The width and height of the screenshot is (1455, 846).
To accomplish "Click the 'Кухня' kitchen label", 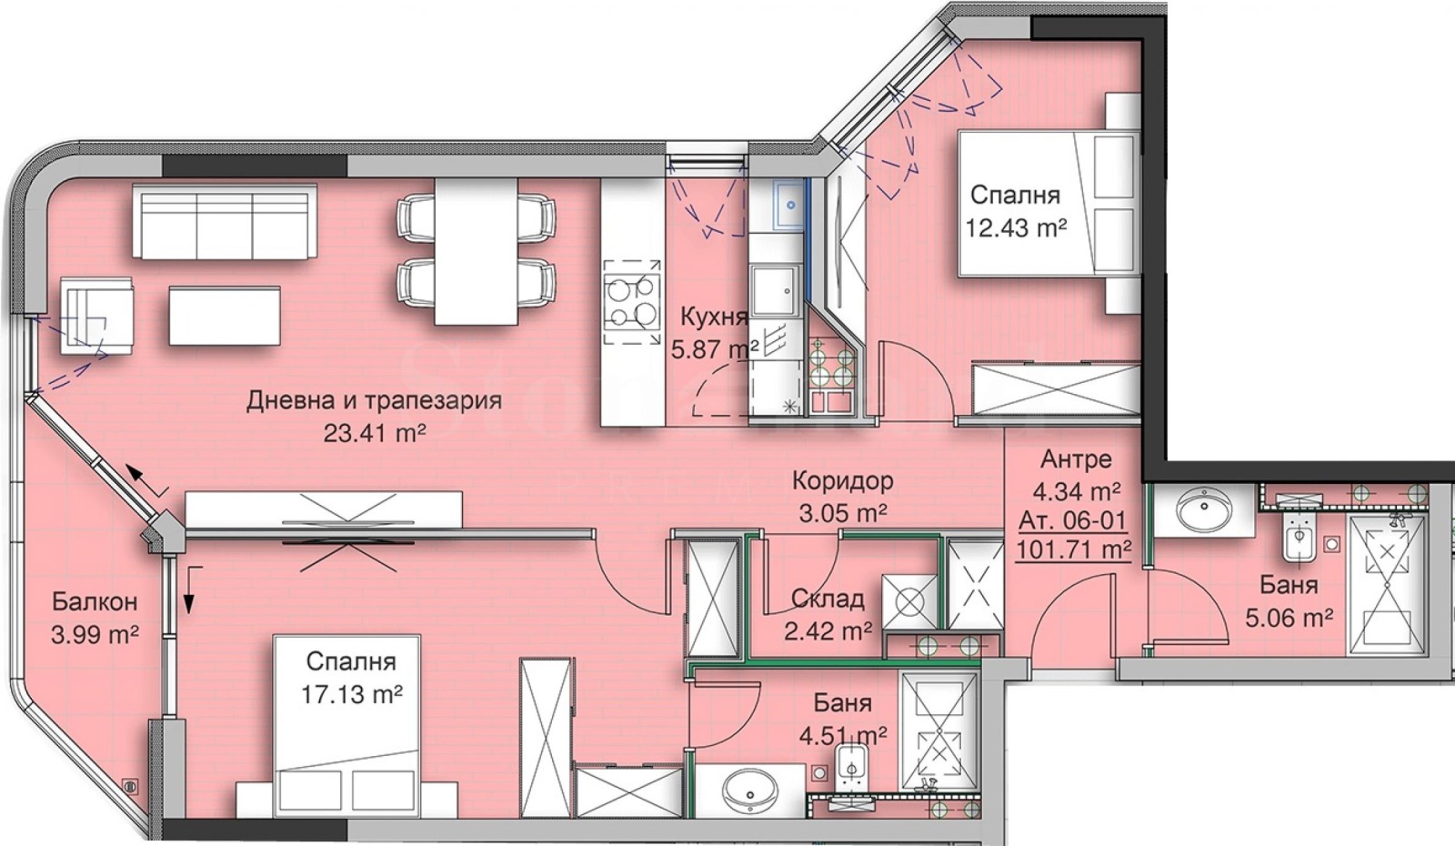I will point(714,317).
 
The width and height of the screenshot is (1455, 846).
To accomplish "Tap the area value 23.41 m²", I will point(375,433).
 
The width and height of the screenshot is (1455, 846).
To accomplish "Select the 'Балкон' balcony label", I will point(95,601).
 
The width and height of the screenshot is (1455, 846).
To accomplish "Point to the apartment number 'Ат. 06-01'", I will point(1072,520).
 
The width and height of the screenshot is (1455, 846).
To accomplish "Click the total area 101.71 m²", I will point(1073,549).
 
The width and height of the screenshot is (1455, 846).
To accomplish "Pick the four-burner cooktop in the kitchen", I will point(632,301).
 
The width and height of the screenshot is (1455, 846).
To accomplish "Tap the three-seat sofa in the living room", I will point(225,221).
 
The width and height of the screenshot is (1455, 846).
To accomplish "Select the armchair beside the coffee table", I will point(96,315).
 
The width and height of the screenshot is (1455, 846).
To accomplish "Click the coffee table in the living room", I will point(225,315).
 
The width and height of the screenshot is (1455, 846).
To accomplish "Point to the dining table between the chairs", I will point(476,251).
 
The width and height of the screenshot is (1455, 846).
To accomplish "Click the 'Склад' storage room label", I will point(827,599).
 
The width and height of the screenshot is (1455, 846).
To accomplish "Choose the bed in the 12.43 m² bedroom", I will point(1046,202).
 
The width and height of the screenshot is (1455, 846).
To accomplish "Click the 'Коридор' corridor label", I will point(842,480).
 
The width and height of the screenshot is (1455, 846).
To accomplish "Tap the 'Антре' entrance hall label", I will point(1076,458).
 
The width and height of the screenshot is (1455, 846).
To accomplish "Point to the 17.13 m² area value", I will point(352,695).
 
